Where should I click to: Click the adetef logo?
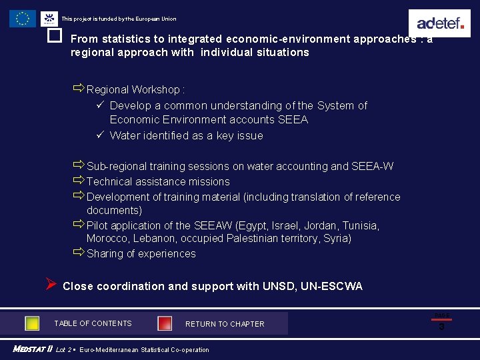pos(439,23)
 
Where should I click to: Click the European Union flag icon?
pos(23,19)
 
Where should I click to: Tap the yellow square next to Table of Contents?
pos(32,323)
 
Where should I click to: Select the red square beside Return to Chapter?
pos(165,323)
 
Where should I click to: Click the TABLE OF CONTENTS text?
pos(93,323)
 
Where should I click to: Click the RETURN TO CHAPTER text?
pos(225,324)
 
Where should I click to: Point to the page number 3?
pos(441,327)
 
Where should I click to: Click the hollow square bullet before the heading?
pos(55,36)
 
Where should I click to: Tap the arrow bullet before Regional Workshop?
pos(79,89)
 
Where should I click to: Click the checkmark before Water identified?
pos(99,135)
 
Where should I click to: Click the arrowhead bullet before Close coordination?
pos(51,285)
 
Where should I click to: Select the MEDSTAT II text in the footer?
pos(32,349)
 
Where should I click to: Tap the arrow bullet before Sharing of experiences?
pos(79,253)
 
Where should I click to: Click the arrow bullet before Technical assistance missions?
pos(79,181)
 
